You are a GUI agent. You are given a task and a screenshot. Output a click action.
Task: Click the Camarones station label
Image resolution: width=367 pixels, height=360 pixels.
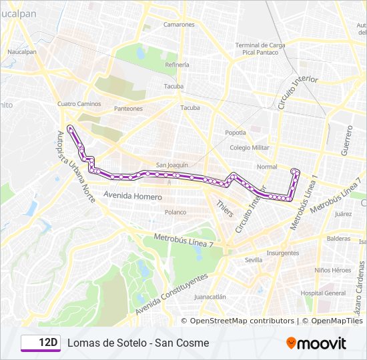(178, 25)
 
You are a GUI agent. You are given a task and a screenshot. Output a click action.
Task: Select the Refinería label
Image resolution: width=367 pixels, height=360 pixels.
(177, 65)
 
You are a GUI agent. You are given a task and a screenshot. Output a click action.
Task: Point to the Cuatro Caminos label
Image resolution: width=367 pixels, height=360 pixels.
(79, 104)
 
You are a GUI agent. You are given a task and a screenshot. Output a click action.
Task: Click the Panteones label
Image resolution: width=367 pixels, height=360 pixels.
(128, 108)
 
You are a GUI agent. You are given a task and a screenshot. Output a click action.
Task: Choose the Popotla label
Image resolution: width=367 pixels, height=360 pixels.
(235, 132)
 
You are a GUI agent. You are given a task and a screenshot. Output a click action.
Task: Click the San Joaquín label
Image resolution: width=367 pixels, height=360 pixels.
(172, 165)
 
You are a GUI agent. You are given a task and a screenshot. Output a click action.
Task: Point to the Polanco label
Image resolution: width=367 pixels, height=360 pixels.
(175, 212)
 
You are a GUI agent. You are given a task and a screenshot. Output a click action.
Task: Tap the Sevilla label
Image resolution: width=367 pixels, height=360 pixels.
(254, 260)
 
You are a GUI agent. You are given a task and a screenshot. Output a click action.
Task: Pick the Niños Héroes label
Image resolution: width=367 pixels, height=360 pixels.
(332, 270)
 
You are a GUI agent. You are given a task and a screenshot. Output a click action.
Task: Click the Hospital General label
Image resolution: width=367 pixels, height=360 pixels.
(323, 293)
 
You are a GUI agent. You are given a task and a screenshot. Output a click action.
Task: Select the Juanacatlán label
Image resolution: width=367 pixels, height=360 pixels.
(210, 297)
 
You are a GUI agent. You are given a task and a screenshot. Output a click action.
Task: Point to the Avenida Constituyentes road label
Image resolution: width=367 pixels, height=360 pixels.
(171, 294)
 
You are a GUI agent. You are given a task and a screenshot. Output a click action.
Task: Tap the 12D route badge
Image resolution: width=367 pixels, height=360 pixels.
(41, 343)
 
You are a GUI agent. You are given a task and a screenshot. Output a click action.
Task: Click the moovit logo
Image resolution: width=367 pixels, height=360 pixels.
(316, 343)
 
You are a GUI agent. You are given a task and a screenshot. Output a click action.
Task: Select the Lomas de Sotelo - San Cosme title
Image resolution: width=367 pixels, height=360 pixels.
(137, 343)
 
